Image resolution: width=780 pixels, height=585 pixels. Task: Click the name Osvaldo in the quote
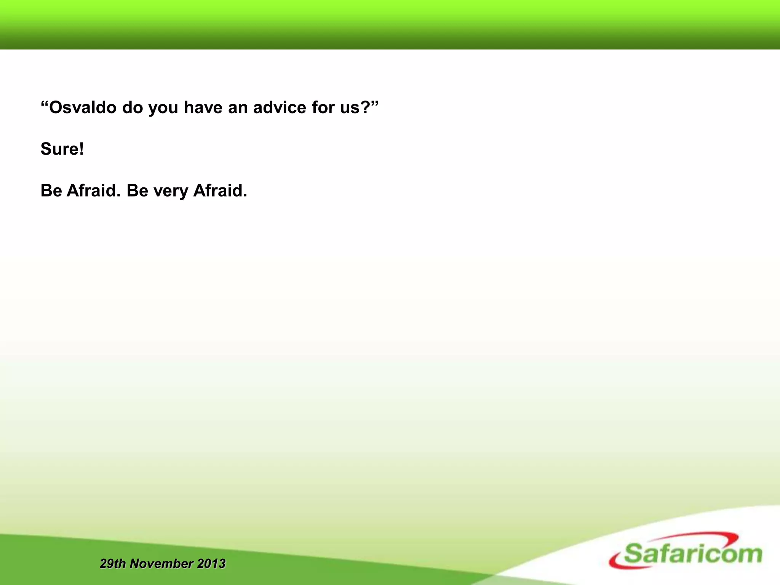[x=83, y=107]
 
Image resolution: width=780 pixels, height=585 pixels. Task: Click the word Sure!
[x=62, y=149]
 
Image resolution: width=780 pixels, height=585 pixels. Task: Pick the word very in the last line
[x=171, y=191]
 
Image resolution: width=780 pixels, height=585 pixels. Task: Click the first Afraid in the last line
[x=93, y=190]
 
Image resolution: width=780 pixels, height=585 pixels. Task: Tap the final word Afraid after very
[x=220, y=190]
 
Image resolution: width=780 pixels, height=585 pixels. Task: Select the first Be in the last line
[x=51, y=190]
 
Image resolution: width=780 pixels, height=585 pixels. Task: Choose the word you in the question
[x=163, y=108]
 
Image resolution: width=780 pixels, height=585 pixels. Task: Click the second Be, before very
[x=137, y=190]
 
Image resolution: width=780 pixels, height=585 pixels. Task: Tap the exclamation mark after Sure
[x=81, y=149]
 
